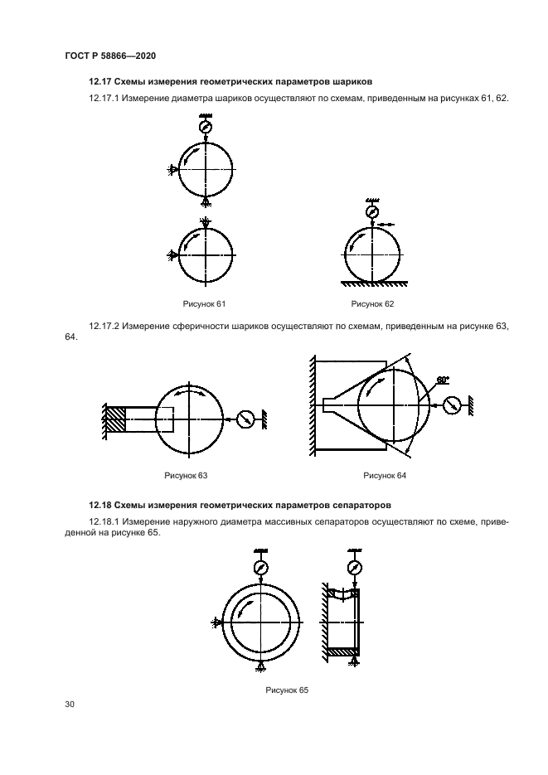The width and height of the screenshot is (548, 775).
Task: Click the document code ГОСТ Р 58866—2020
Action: point(110,56)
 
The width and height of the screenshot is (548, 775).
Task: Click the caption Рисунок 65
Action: point(287,690)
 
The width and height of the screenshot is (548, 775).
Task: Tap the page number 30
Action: point(70,705)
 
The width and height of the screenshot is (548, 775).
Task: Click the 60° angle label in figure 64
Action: point(443,379)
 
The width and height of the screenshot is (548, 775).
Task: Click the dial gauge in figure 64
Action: point(452,405)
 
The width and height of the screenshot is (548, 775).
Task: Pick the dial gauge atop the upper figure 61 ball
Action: point(205,127)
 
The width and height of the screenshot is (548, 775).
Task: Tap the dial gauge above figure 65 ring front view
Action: point(261,568)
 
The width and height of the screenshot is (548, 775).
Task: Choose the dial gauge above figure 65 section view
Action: point(356,568)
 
